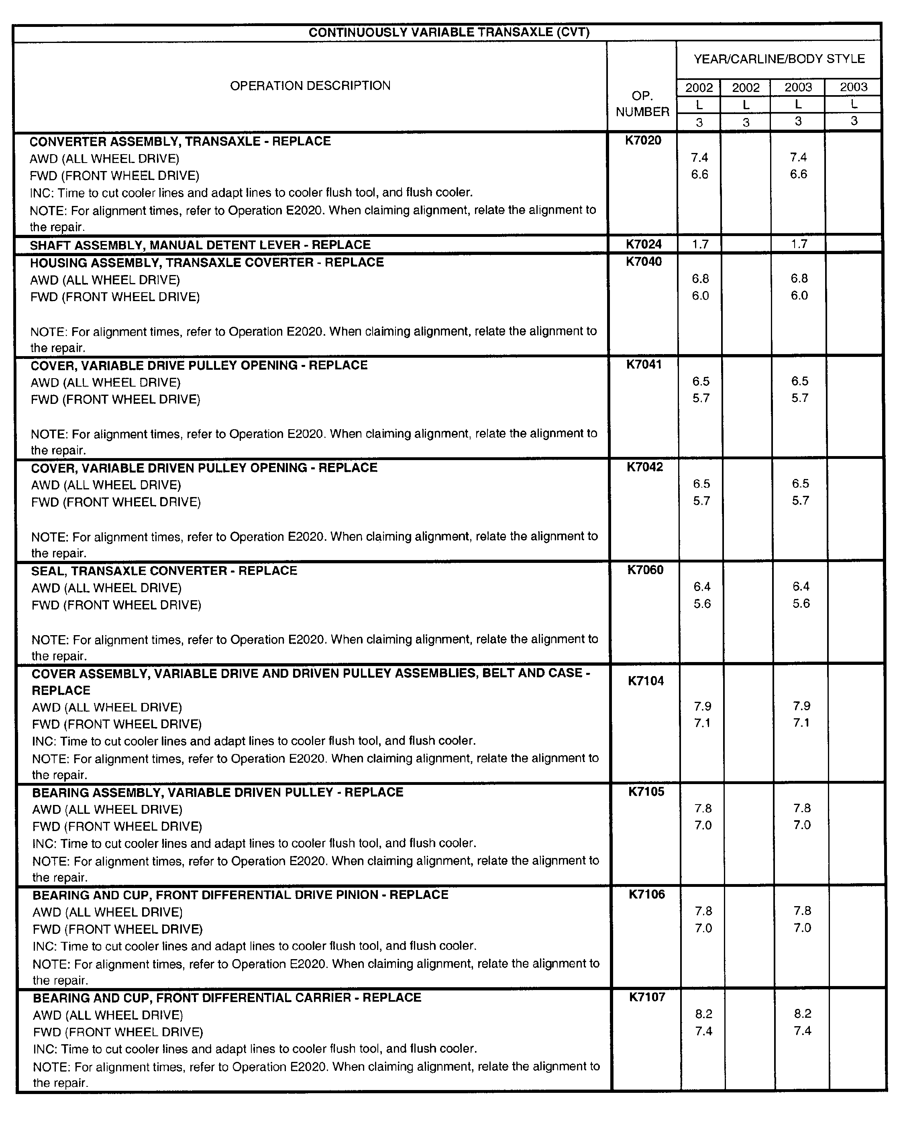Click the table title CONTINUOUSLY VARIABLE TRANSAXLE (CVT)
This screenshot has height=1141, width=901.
pos(449,33)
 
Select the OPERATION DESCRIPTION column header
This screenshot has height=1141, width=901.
pos(310,86)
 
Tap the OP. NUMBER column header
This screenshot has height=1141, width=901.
pos(642,104)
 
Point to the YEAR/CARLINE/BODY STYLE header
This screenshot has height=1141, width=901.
pos(779,59)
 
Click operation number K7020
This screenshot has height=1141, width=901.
pos(643,141)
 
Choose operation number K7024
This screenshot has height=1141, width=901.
pos(644,244)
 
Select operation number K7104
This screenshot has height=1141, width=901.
pos(646,681)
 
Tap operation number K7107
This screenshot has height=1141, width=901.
pos(647,997)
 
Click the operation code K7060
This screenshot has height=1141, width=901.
pos(646,570)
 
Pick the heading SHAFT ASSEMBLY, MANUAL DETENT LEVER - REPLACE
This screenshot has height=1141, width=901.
pos(200,245)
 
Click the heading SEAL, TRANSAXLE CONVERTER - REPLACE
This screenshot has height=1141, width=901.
pos(165,571)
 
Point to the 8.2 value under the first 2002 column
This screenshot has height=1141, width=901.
pos(704,1014)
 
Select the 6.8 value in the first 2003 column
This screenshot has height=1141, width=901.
pos(799,279)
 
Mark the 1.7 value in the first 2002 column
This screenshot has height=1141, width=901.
pos(700,244)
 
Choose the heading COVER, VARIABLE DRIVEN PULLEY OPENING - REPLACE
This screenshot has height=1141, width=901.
pos(204,468)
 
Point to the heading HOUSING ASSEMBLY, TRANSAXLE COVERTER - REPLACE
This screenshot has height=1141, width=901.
pos(207,262)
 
